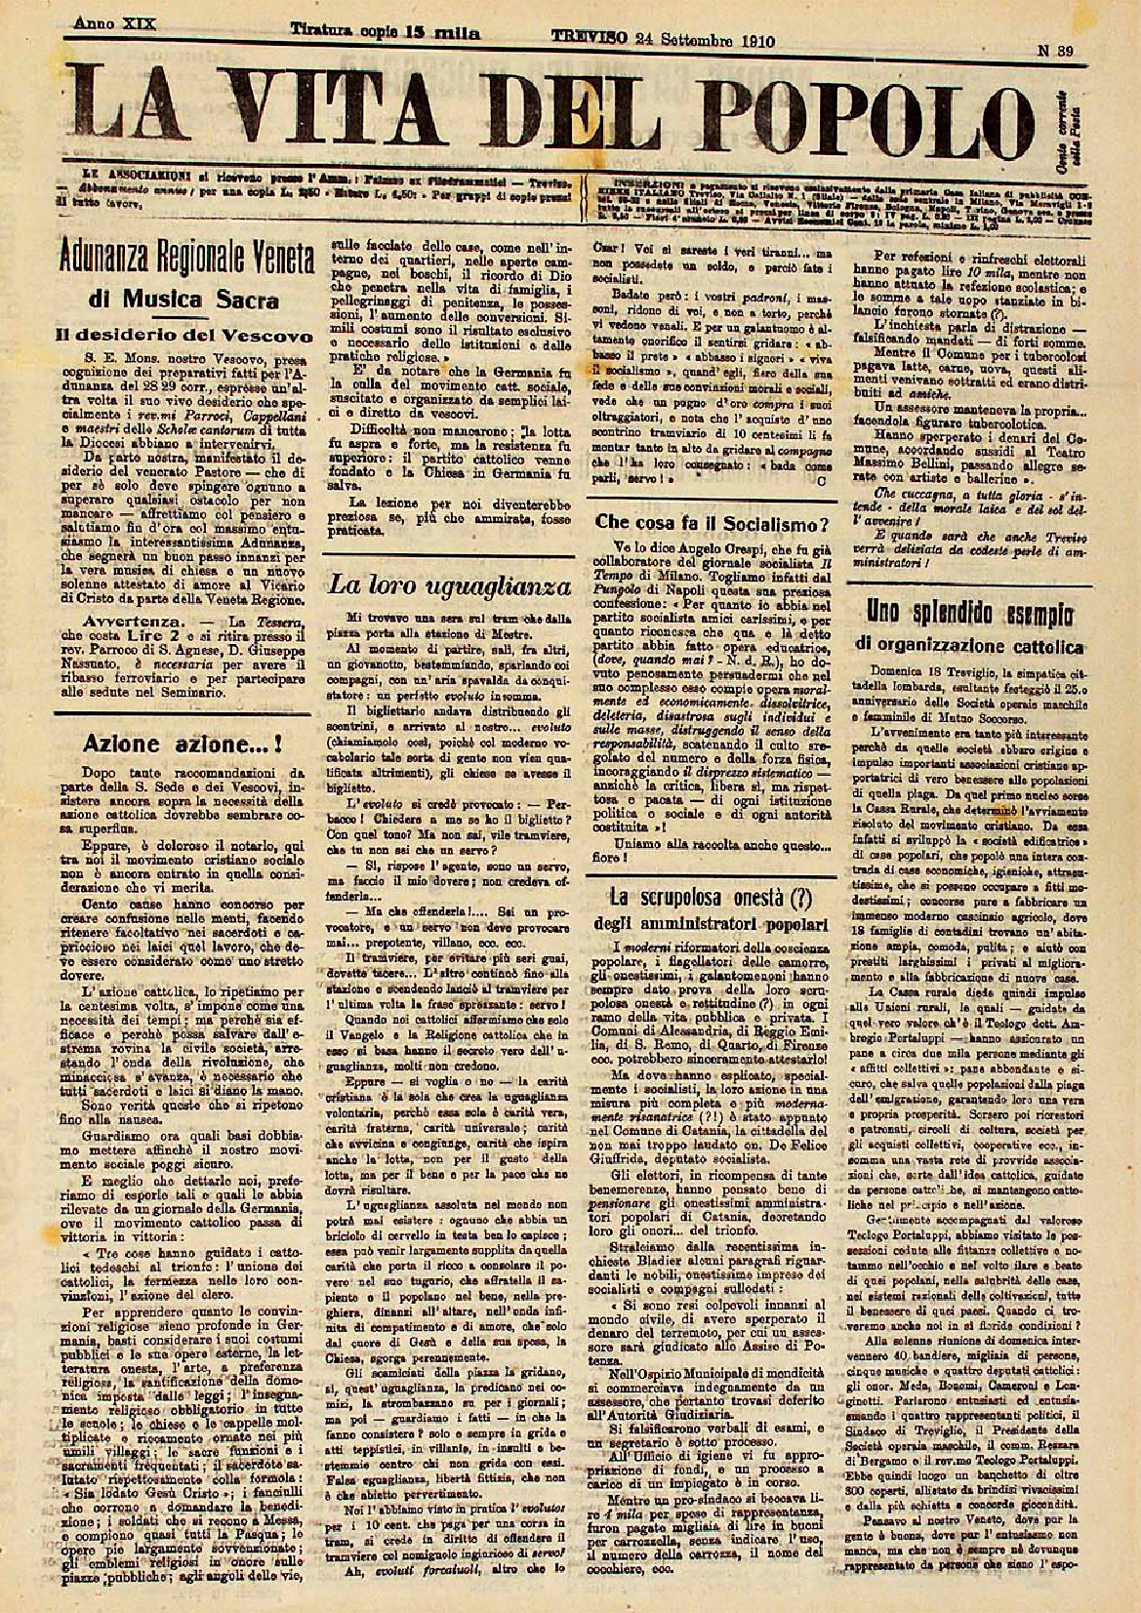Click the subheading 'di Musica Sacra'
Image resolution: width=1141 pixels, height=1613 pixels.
[184, 300]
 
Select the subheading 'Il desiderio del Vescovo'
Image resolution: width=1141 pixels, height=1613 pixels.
[183, 335]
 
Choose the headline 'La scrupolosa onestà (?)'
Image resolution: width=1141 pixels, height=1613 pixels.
[710, 895]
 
